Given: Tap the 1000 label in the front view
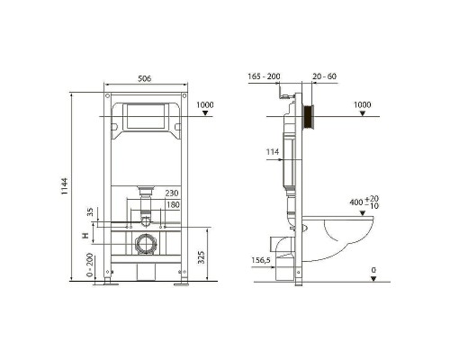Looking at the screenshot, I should pyautogui.click(x=206, y=105).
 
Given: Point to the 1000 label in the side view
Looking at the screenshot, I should pyautogui.click(x=362, y=104).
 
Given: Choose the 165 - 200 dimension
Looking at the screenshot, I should pyautogui.click(x=263, y=78).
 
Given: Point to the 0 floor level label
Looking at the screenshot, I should pyautogui.click(x=373, y=268).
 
